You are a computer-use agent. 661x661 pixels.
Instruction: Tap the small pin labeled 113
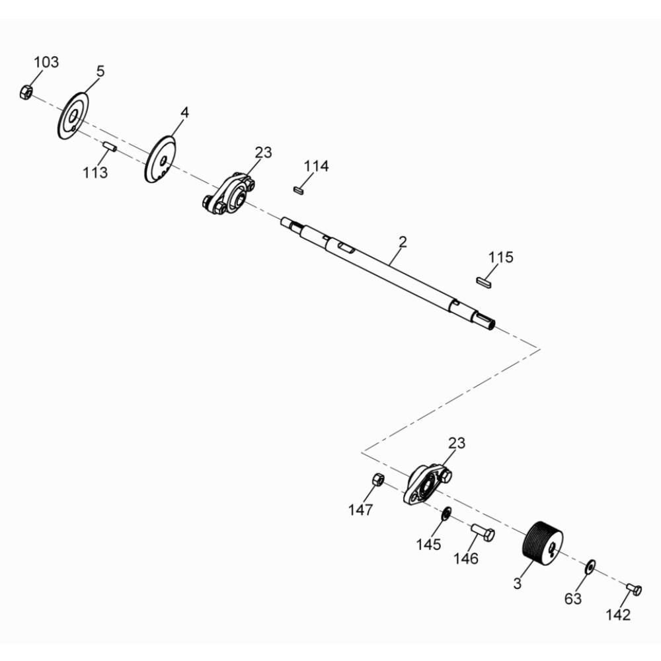(110, 147)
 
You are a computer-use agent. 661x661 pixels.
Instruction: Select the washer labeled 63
(590, 566)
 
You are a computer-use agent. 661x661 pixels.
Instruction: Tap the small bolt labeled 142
(634, 588)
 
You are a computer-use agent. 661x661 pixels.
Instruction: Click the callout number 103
(46, 62)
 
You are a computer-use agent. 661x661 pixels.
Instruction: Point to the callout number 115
(500, 257)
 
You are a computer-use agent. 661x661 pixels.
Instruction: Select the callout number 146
(466, 559)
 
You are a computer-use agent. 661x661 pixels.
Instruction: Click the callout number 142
(618, 615)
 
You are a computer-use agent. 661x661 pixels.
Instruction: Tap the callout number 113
(95, 173)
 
